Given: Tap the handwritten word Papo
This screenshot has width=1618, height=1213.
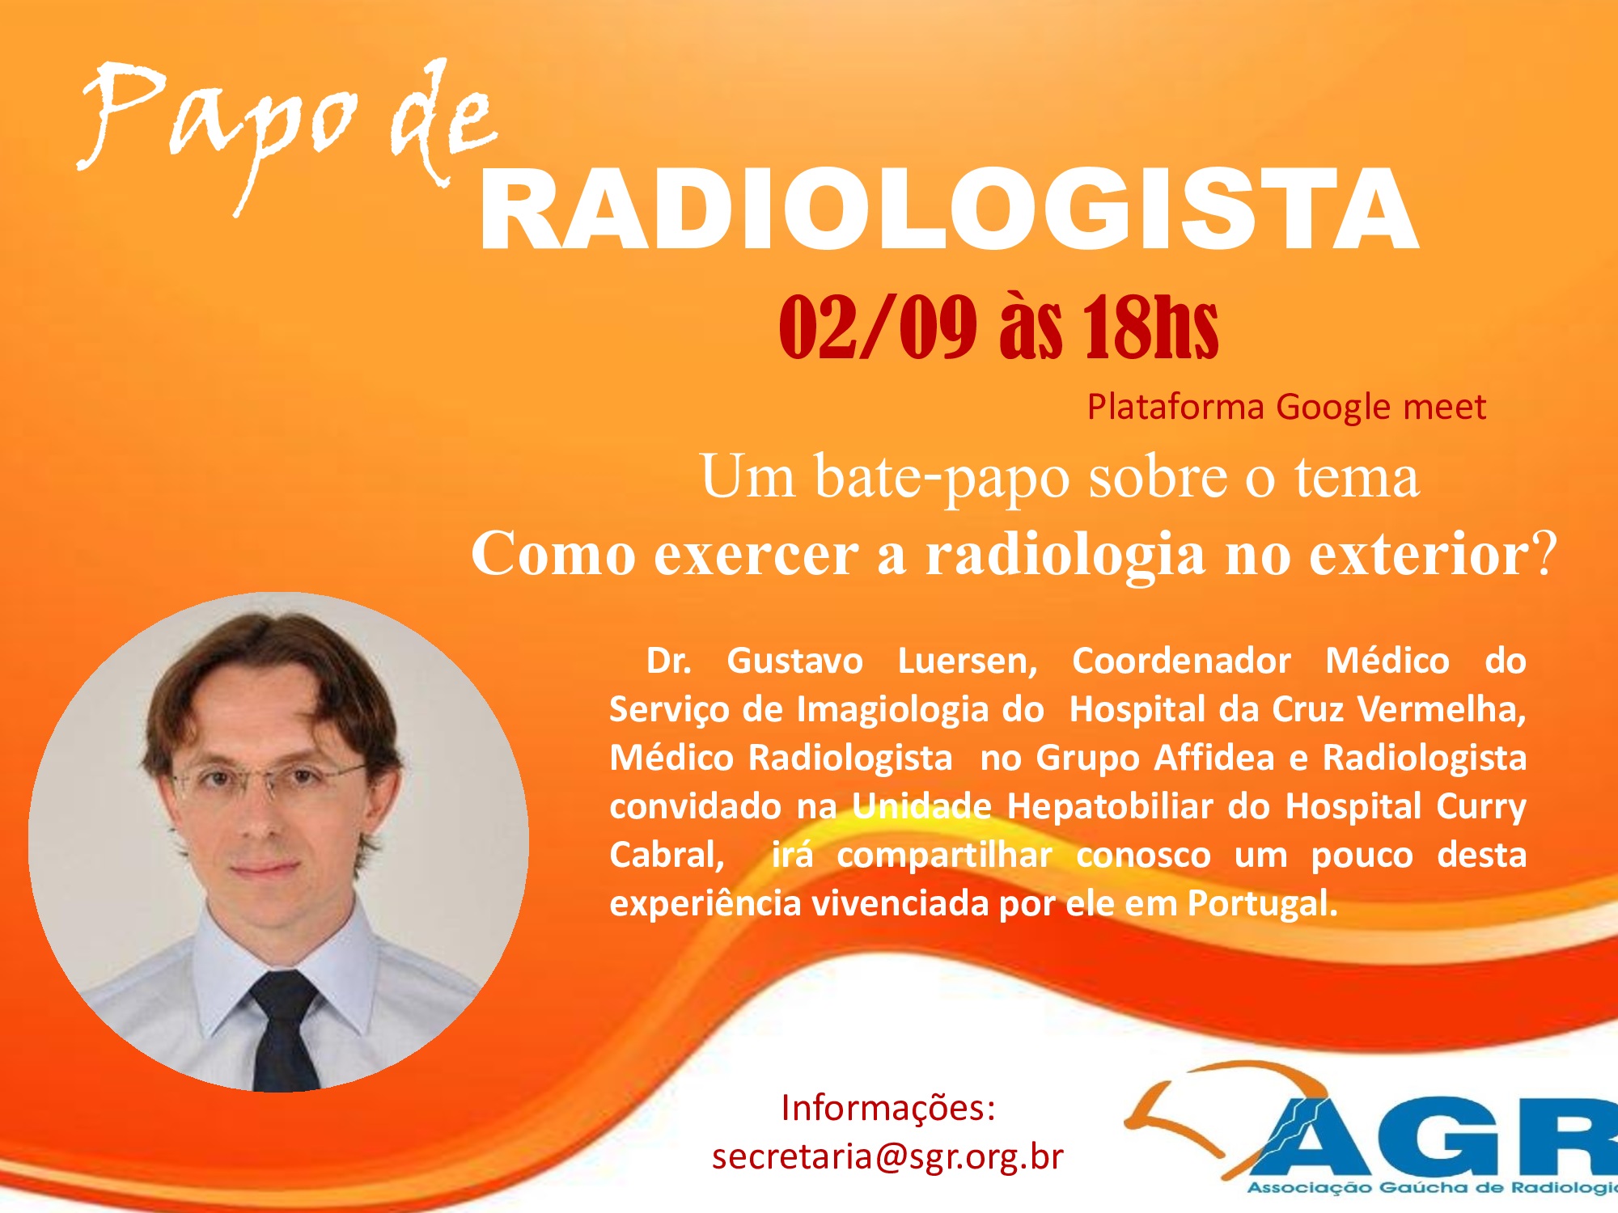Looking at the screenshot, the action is [218, 129].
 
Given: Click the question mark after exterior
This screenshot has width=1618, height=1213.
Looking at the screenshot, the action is [1544, 553].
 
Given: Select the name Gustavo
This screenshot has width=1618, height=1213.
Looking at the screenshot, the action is [794, 661].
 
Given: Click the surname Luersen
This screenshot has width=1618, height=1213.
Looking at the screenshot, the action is [968, 661].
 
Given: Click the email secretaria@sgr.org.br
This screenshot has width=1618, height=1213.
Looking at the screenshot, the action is [887, 1156].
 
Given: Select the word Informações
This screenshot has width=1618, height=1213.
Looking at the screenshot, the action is [887, 1108].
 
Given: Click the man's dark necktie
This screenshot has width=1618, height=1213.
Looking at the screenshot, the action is [285, 1031].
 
